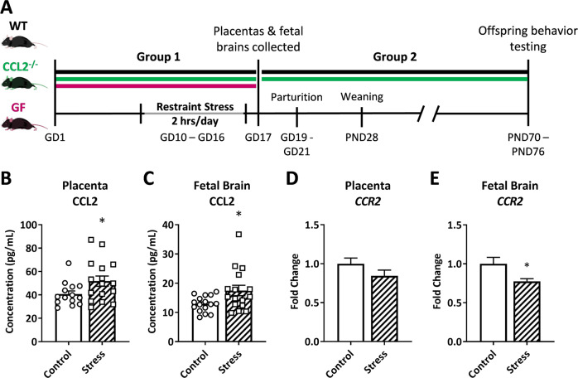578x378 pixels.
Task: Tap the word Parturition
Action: click(297, 96)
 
